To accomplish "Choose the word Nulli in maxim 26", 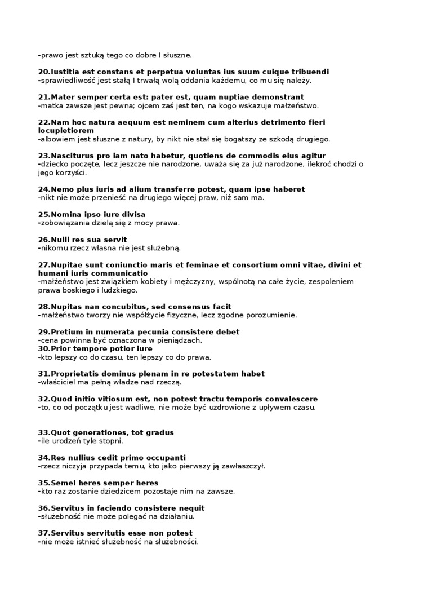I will click(x=61, y=240).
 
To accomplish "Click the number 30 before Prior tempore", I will click(x=43, y=348).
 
